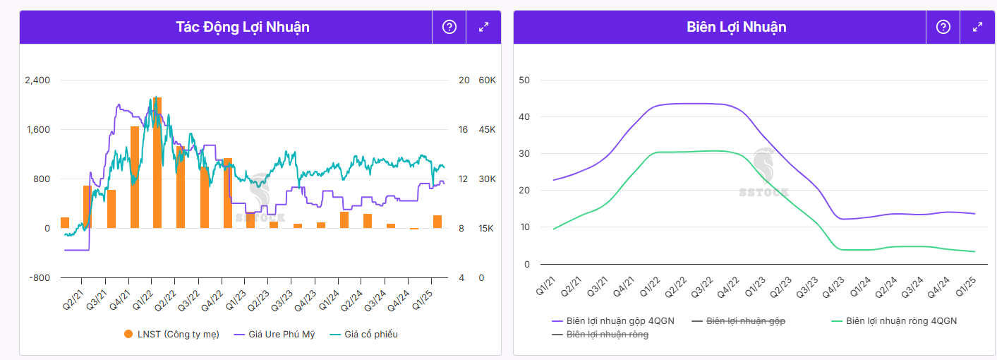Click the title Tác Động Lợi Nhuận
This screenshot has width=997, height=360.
[x=243, y=27]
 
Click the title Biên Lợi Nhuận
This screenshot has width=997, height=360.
[x=736, y=27]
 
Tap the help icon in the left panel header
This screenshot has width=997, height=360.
[x=449, y=27]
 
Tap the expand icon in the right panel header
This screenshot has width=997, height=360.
[x=977, y=27]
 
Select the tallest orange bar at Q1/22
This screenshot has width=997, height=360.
[x=157, y=162]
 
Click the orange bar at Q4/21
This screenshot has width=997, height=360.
[x=134, y=177]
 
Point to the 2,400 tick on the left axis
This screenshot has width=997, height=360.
[x=37, y=80]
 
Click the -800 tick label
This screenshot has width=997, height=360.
[x=40, y=277]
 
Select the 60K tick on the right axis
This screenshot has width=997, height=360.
[x=487, y=80]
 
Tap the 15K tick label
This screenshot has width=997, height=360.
[x=487, y=228]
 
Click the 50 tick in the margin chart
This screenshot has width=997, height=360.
[x=524, y=80]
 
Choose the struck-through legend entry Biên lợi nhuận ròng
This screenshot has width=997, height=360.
[x=608, y=335]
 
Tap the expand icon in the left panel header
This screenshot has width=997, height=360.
[x=483, y=27]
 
